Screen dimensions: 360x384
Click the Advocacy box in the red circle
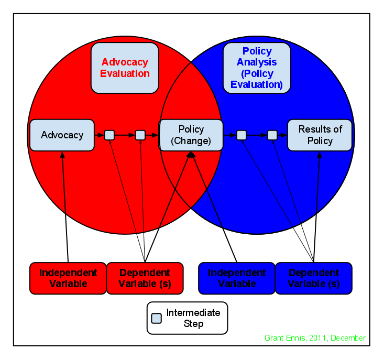click(62, 135)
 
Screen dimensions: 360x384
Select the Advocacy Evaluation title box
click(125, 68)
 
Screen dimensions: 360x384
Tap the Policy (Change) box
click(191, 135)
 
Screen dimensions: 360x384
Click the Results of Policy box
click(320, 135)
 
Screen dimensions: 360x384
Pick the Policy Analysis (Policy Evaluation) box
click(257, 68)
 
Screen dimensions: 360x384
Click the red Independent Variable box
click(68, 278)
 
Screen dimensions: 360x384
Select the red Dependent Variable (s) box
click(145, 278)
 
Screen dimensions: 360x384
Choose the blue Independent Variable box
click(237, 278)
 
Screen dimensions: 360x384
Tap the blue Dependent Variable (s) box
click(313, 278)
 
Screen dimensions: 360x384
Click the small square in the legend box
click(156, 318)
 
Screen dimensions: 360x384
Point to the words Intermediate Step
click(193, 318)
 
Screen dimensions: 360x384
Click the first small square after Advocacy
click(109, 135)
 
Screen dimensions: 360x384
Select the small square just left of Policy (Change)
click(140, 135)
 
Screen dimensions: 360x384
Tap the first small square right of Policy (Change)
click(241, 135)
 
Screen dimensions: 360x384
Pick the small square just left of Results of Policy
click(272, 135)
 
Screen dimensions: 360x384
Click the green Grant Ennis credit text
click(315, 338)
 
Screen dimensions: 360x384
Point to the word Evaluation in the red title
click(125, 73)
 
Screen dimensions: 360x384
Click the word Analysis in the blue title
click(257, 62)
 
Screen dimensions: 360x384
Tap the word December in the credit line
click(348, 338)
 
